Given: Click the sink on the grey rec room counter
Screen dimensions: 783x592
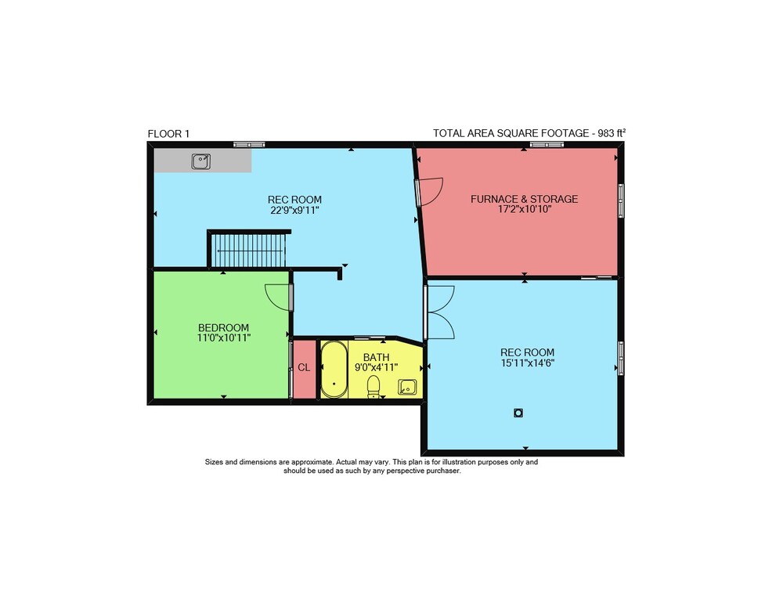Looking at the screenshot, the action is (x=200, y=161).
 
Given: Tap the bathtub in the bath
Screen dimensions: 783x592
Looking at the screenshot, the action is (x=334, y=370).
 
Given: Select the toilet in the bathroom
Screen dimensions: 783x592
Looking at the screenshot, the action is (x=373, y=387).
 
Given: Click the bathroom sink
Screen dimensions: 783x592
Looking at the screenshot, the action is (x=407, y=387).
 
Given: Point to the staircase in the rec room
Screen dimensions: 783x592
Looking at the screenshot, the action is (x=248, y=251).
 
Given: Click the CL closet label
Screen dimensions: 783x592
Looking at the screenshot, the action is (x=304, y=368).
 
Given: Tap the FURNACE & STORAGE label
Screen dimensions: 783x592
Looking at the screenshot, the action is (x=524, y=199).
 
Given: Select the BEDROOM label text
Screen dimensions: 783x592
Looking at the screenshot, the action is (x=223, y=328).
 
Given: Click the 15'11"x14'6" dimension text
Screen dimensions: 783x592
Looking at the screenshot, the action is (x=527, y=363).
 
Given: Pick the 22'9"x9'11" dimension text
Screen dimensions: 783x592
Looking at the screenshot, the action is (x=294, y=211).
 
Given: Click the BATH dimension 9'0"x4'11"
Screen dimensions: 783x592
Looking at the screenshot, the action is (x=376, y=368).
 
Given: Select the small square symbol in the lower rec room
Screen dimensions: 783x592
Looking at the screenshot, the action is (x=518, y=413).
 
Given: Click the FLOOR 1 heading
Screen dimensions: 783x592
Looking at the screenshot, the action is (x=168, y=134).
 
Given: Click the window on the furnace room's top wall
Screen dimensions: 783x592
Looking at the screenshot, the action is (x=547, y=145).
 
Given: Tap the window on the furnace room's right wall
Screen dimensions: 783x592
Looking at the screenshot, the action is (x=621, y=200).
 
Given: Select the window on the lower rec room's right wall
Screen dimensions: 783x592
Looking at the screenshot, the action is (x=621, y=358).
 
